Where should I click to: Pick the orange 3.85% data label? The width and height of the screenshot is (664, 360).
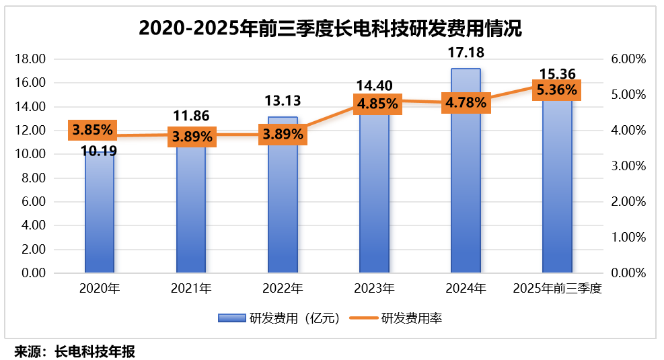point(93,130)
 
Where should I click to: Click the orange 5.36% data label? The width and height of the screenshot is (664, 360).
point(556,89)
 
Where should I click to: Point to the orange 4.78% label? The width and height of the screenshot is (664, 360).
point(464,103)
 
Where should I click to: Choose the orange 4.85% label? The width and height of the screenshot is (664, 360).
point(377,104)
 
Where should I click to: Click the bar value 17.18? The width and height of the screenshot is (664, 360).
point(466,52)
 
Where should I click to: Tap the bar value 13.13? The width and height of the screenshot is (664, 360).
point(283,101)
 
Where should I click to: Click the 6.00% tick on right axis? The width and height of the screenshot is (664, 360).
point(628,59)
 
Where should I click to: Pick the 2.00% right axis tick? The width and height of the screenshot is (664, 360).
point(628,202)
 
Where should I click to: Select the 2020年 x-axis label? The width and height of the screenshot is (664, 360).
point(100,289)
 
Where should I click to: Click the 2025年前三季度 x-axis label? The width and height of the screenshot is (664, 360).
point(556,289)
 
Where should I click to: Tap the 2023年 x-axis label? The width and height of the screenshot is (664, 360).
point(374,289)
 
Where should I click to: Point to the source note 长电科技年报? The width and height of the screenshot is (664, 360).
point(95,351)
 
